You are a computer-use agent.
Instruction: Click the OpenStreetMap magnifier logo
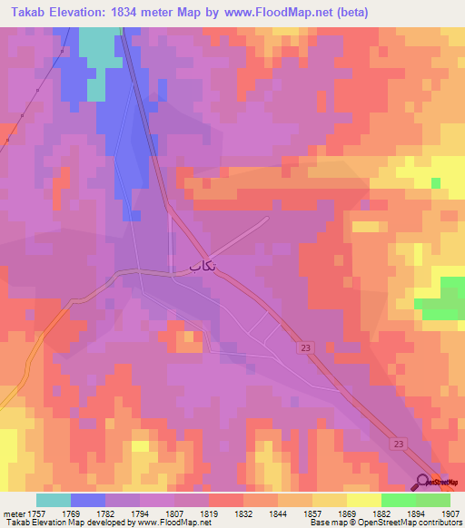424,481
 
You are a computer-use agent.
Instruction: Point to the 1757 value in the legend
35,512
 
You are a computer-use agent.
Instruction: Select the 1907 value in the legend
450,512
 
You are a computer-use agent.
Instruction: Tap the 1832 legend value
243,512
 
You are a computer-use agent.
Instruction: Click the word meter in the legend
11,512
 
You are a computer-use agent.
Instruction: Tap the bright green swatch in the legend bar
398,500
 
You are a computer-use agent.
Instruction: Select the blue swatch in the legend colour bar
87,500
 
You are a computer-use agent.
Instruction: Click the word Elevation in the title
88,13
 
